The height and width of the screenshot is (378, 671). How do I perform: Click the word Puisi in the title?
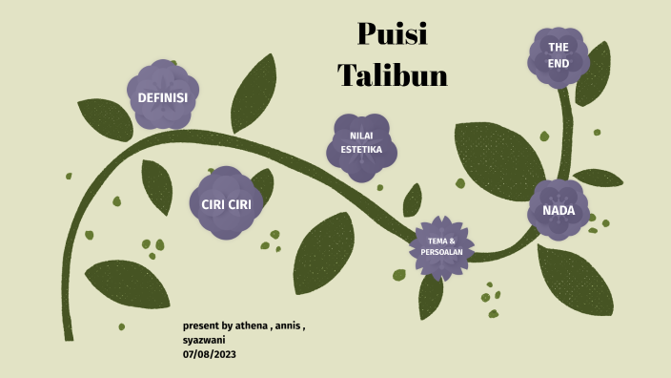pyautogui.click(x=392, y=34)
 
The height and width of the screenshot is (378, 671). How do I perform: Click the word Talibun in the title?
pyautogui.click(x=392, y=74)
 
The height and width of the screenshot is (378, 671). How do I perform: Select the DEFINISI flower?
pyautogui.click(x=162, y=97)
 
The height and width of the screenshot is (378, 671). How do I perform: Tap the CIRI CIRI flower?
pyautogui.click(x=226, y=203)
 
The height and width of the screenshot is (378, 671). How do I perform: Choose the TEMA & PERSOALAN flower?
pyautogui.click(x=440, y=246)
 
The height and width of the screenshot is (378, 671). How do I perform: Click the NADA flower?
pyautogui.click(x=559, y=210)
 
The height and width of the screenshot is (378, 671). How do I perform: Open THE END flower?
pyautogui.click(x=559, y=54)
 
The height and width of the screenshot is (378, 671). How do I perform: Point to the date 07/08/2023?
pyautogui.click(x=210, y=354)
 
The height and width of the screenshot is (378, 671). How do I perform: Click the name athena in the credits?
pyautogui.click(x=250, y=325)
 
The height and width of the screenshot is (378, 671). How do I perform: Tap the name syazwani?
pyautogui.click(x=205, y=340)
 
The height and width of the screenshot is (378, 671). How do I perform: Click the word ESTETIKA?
pyautogui.click(x=361, y=151)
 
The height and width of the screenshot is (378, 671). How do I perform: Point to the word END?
pyautogui.click(x=559, y=63)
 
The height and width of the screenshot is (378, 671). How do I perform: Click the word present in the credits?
pyautogui.click(x=200, y=325)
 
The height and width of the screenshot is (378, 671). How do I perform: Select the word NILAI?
pyautogui.click(x=361, y=136)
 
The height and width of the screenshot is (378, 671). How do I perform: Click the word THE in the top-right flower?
pyautogui.click(x=559, y=47)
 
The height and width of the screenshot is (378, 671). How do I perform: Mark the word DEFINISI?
pyautogui.click(x=162, y=98)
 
